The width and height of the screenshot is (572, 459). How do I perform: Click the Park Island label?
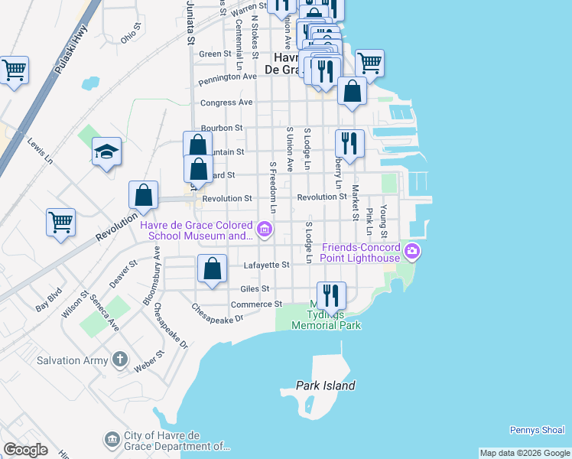coord(326,386)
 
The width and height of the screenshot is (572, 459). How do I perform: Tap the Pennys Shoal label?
coord(537,431)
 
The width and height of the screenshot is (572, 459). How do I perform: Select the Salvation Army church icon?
coord(119,359)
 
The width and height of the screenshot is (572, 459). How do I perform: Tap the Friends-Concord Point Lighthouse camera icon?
coord(412,251)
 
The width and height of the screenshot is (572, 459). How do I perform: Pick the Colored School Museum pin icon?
coord(265,228)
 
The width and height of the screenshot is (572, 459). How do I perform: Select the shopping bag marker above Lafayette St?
coord(213,269)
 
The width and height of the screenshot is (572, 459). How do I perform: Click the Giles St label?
coord(255,288)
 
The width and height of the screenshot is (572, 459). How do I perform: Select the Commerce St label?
coord(257,304)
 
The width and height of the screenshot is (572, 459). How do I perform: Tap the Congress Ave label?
coord(226,102)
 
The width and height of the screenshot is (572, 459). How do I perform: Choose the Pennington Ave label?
coord(227,77)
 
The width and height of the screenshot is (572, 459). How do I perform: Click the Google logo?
coord(25,449)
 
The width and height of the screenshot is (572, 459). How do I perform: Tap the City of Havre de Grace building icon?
coord(112,439)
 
